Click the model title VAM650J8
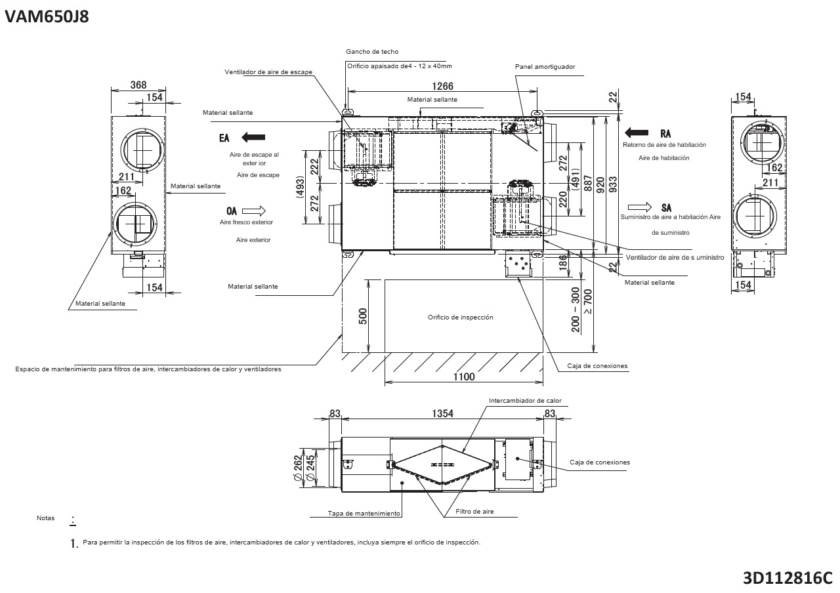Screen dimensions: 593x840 coord(47,16)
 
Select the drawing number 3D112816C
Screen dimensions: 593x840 coord(787,578)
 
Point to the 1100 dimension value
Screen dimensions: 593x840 coord(463,377)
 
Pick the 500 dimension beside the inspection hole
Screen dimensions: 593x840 coord(363,316)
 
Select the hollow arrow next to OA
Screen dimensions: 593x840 coord(253,211)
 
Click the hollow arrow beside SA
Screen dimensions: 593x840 coord(639,207)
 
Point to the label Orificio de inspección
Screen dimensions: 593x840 coord(460,317)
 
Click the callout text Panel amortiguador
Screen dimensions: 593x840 coord(545,66)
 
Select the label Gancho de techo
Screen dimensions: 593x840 coord(372,51)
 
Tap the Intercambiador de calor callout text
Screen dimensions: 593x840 coord(525,400)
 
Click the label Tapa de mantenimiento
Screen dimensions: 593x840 coord(364,514)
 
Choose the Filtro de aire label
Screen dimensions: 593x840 coord(474,511)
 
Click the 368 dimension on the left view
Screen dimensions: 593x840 coord(138,85)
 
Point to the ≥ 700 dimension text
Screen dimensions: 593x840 coord(587,301)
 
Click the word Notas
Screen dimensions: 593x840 coord(46,518)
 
